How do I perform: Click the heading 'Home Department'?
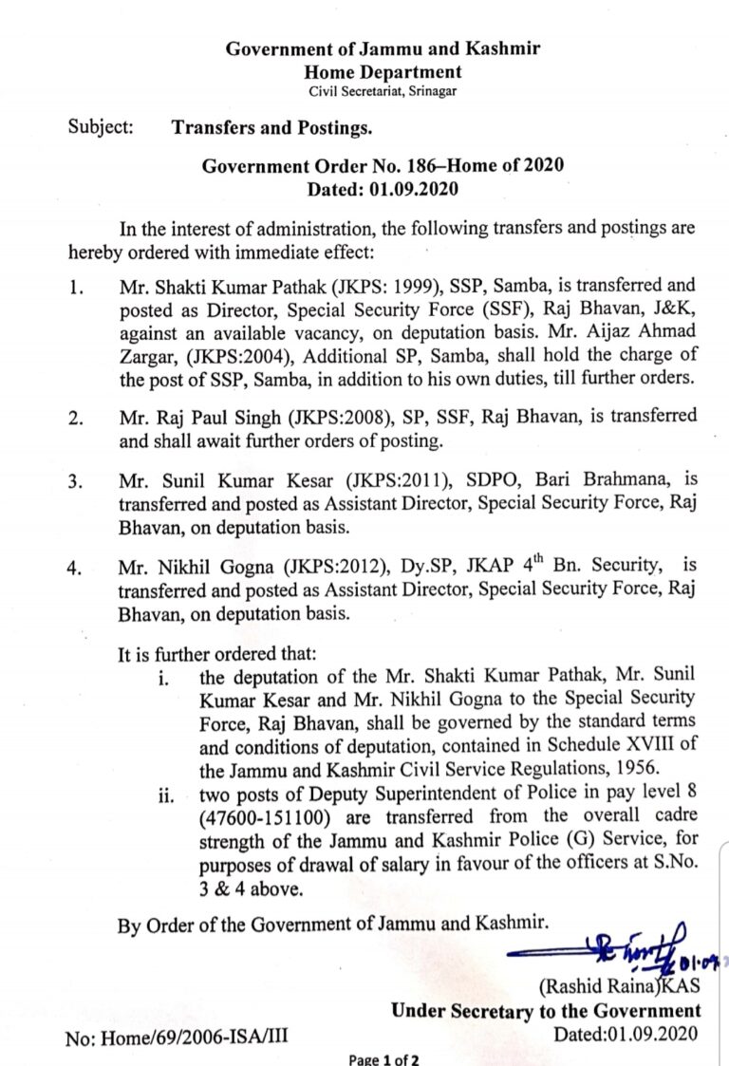pyautogui.click(x=383, y=71)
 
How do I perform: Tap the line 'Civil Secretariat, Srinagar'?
pyautogui.click(x=383, y=90)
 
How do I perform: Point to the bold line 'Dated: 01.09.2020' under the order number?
pyautogui.click(x=383, y=189)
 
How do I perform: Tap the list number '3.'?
pyautogui.click(x=76, y=481)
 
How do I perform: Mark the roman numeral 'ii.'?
pyautogui.click(x=169, y=794)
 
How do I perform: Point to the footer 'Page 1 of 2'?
pyautogui.click(x=383, y=1059)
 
